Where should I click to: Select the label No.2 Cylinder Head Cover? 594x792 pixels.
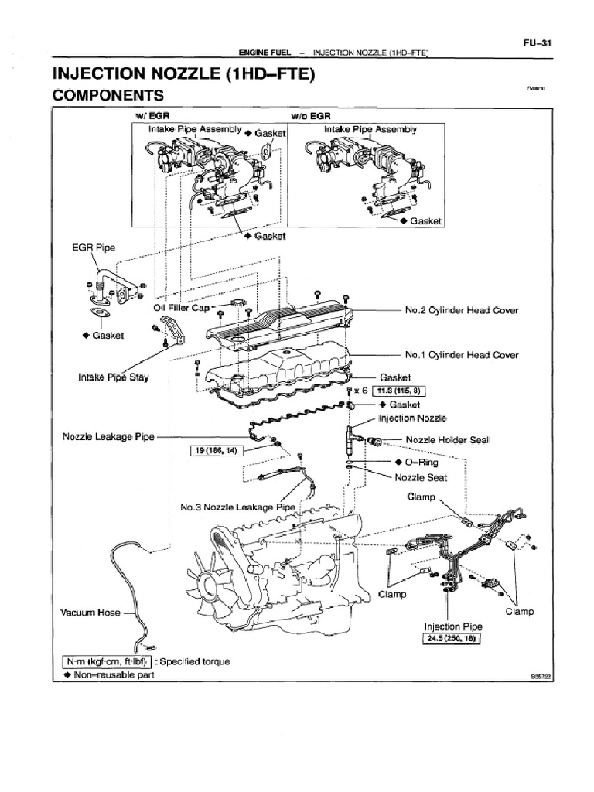point(461,311)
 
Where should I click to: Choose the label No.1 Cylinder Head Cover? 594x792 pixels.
point(461,355)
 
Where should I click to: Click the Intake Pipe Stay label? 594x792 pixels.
point(114,377)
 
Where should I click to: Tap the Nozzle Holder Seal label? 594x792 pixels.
point(448,440)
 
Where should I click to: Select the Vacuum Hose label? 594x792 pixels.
point(90,613)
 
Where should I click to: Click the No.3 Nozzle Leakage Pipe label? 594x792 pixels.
point(238,507)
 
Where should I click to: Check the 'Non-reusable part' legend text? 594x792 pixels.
point(113,675)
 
